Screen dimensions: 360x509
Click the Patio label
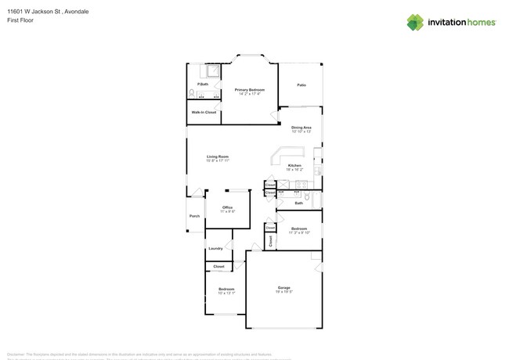(301, 85)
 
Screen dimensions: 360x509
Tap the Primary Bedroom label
(250, 89)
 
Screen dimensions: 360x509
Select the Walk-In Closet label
(204, 112)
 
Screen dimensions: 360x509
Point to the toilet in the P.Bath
(191, 94)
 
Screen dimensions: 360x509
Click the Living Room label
(218, 157)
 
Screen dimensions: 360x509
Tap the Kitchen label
(294, 165)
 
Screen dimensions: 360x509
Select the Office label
(227, 207)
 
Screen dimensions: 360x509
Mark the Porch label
(194, 216)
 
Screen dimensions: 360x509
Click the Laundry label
(215, 248)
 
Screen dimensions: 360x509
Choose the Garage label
(283, 287)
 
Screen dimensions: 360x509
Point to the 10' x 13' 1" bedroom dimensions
(226, 293)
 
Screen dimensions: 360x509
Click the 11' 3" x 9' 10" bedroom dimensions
(299, 232)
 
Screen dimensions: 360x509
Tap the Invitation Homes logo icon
(415, 22)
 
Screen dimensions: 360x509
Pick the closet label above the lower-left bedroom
(218, 266)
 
